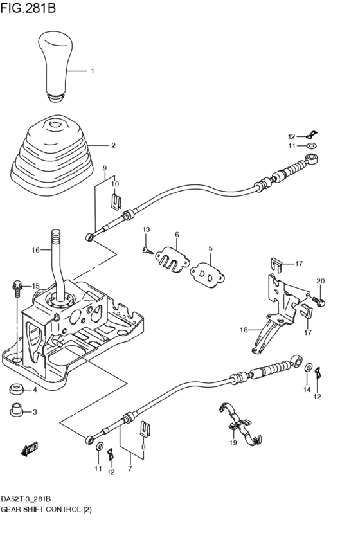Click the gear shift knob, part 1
point(56,66)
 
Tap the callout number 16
point(36,250)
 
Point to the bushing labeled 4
point(16,389)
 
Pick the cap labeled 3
point(16,410)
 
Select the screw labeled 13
point(147,250)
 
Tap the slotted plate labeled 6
point(172,259)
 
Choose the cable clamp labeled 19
point(240,425)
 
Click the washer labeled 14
point(309,367)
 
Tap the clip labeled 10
point(116,202)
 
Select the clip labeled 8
point(146,429)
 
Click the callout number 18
point(244,330)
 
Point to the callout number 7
point(130,469)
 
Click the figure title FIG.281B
point(28,8)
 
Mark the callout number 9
point(105,168)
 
